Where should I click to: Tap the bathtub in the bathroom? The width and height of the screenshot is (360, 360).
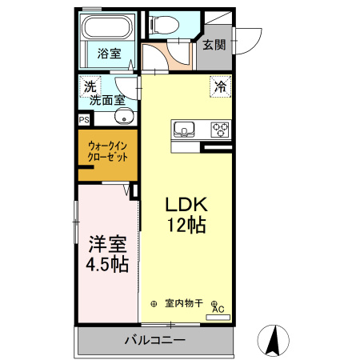tap(109, 30)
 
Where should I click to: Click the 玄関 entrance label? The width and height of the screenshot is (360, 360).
tap(213, 44)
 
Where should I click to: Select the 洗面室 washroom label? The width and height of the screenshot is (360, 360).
tap(106, 101)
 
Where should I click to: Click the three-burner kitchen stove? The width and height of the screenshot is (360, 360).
tap(219, 128)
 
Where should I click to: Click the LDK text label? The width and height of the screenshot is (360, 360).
tap(186, 203)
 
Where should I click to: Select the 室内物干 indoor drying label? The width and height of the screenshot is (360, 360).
tap(184, 303)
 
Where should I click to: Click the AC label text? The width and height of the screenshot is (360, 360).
tap(218, 310)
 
